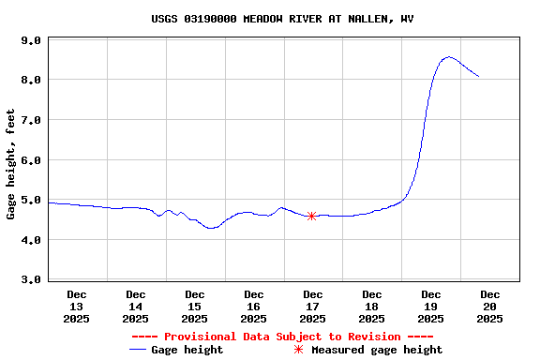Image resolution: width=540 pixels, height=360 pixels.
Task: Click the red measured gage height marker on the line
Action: [311, 216]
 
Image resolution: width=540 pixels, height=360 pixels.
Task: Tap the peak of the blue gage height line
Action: [449, 57]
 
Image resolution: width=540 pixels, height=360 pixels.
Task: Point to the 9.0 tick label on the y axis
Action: [30, 41]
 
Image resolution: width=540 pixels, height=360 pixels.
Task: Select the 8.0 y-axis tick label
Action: [30, 81]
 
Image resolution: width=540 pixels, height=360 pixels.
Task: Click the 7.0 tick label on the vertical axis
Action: [30, 121]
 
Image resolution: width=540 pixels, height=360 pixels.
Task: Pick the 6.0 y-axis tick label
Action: [30, 160]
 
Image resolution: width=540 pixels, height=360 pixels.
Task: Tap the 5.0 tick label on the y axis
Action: [30, 201]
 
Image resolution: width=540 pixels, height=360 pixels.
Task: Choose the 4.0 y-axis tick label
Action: [30, 240]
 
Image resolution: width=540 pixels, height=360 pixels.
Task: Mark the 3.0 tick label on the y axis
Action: [30, 280]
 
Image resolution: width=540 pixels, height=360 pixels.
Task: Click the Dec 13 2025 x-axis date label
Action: [77, 307]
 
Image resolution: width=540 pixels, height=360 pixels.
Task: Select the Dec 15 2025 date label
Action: [195, 307]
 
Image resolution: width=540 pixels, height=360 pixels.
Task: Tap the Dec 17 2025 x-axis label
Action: [313, 307]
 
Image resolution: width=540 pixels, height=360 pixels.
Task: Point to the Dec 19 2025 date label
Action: [431, 307]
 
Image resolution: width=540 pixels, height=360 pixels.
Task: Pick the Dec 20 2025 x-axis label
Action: [490, 307]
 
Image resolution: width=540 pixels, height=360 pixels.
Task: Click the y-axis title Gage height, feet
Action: [11, 165]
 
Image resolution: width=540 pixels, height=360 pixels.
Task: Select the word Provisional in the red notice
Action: [197, 337]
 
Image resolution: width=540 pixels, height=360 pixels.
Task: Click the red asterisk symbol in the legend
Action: [299, 350]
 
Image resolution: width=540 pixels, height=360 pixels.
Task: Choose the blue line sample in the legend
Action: [140, 350]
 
